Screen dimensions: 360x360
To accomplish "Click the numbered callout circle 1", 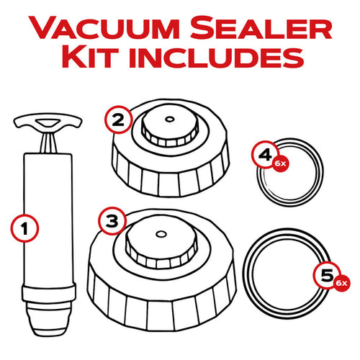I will pyautogui.click(x=25, y=229).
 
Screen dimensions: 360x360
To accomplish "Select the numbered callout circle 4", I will pyautogui.click(x=266, y=153).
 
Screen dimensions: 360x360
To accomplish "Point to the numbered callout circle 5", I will pyautogui.click(x=326, y=274).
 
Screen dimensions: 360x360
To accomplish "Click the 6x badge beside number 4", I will pyautogui.click(x=281, y=164).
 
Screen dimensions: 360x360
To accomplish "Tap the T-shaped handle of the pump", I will pyautogui.click(x=47, y=124).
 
